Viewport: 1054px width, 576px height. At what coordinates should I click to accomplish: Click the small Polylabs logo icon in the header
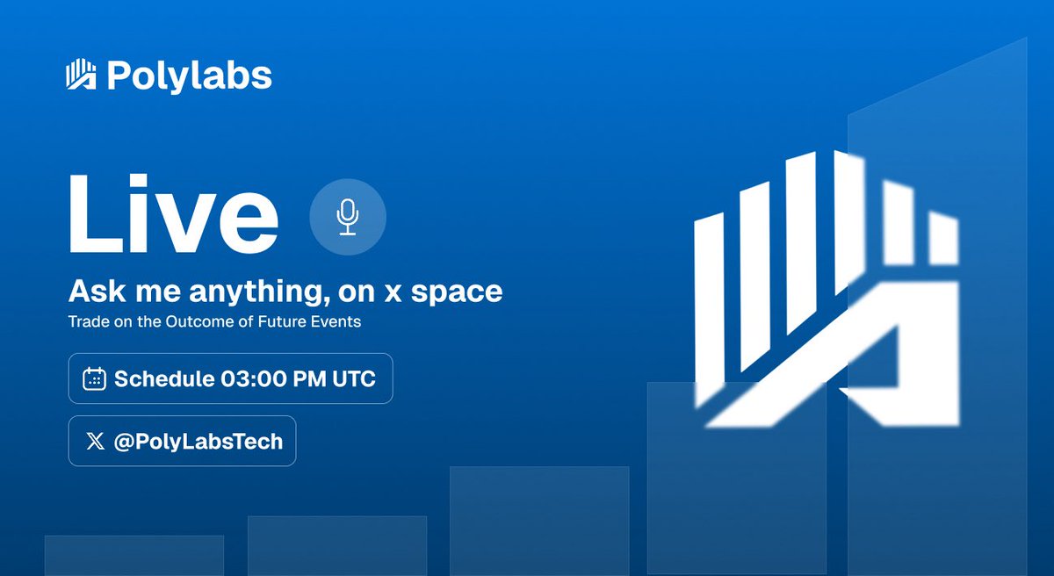click(82, 76)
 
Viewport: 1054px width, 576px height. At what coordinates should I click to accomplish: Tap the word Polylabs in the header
click(189, 76)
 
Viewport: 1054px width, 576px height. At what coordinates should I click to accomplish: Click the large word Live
click(174, 215)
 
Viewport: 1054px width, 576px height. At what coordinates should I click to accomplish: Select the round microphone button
click(348, 218)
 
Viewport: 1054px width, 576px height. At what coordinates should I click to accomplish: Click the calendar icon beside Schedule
click(94, 378)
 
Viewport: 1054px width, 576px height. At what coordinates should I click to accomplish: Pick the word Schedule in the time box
click(164, 378)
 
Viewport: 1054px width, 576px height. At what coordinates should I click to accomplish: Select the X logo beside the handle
click(95, 441)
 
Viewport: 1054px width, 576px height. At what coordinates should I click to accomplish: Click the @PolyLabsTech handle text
click(199, 441)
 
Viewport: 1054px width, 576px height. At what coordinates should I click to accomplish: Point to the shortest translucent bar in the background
click(134, 555)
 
